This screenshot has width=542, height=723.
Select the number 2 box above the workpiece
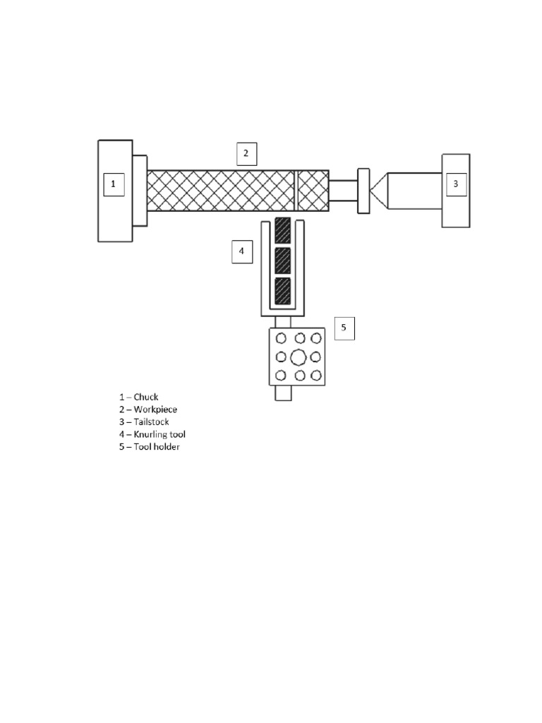[x=246, y=153]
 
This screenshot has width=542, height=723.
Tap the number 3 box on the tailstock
[x=455, y=184]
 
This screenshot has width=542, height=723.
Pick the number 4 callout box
[x=241, y=251]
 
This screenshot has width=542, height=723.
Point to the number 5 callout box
[x=344, y=328]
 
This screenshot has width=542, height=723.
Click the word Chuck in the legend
[x=146, y=397]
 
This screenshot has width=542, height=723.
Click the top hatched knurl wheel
[x=282, y=229]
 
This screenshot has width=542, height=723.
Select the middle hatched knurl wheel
[x=282, y=259]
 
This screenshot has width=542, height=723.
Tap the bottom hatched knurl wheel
[x=282, y=290]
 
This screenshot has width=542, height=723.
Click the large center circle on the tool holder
[x=298, y=357]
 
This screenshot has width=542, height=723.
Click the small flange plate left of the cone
[x=363, y=191]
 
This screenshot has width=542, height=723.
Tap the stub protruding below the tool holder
[x=283, y=393]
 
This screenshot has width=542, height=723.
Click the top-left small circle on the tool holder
[x=281, y=338]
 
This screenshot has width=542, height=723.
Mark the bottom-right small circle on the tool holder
[x=315, y=375]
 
